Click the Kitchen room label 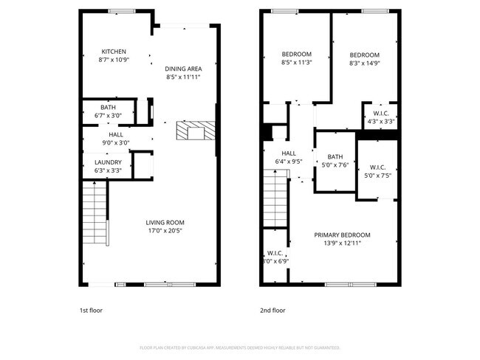(114, 52)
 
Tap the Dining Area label (183, 69)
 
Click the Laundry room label (108, 162)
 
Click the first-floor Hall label (116, 134)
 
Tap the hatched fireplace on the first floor (195, 131)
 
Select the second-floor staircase (275, 199)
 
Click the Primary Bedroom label (341, 235)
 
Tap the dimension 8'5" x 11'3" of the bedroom (297, 63)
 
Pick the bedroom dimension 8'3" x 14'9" (364, 64)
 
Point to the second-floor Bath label (335, 156)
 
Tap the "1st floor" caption (92, 311)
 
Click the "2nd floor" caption (272, 311)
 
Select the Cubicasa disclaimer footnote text (239, 347)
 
